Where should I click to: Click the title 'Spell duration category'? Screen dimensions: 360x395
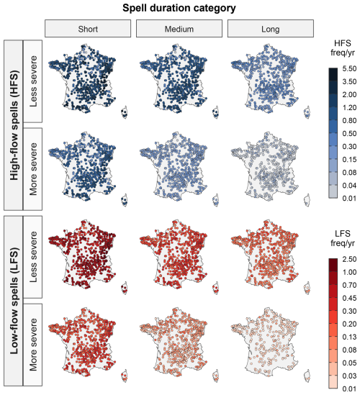pyautogui.click(x=179, y=8)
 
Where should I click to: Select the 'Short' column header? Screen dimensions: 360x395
pyautogui.click(x=88, y=29)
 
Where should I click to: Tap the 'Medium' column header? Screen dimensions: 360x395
pyautogui.click(x=179, y=29)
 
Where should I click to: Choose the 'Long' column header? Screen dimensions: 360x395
pyautogui.click(x=271, y=29)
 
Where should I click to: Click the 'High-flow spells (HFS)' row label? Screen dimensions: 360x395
pyautogui.click(x=14, y=125)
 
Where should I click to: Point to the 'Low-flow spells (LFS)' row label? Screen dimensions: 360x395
pyautogui.click(x=14, y=301)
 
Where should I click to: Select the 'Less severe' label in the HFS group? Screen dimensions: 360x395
pyautogui.click(x=33, y=81)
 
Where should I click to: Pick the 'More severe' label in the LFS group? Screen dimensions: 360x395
pyautogui.click(x=33, y=345)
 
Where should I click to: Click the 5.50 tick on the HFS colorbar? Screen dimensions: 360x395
pyautogui.click(x=349, y=68)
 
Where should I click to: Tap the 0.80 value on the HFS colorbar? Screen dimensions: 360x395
pyautogui.click(x=349, y=120)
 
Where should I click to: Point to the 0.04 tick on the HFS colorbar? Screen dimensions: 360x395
pyautogui.click(x=349, y=185)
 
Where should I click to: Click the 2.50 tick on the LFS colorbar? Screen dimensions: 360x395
pyautogui.click(x=349, y=259)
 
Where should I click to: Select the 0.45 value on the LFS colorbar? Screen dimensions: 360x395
pyautogui.click(x=349, y=298)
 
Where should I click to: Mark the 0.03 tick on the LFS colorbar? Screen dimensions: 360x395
pyautogui.click(x=349, y=376)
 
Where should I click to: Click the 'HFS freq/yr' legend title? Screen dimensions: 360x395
pyautogui.click(x=342, y=47)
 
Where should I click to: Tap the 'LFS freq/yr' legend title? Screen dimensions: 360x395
pyautogui.click(x=342, y=238)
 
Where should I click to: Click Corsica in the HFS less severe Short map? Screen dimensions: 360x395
pyautogui.click(x=125, y=113)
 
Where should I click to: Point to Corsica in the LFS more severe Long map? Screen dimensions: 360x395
pyautogui.click(x=307, y=376)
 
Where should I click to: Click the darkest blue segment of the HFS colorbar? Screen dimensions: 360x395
pyautogui.click(x=333, y=74)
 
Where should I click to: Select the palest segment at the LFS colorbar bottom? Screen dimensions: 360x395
pyautogui.click(x=333, y=382)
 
